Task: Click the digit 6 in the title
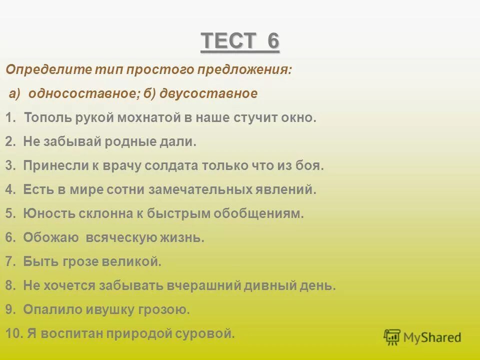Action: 272,41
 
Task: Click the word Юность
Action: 45,214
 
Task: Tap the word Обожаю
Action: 51,238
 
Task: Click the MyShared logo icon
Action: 392,336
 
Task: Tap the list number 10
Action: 12,333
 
